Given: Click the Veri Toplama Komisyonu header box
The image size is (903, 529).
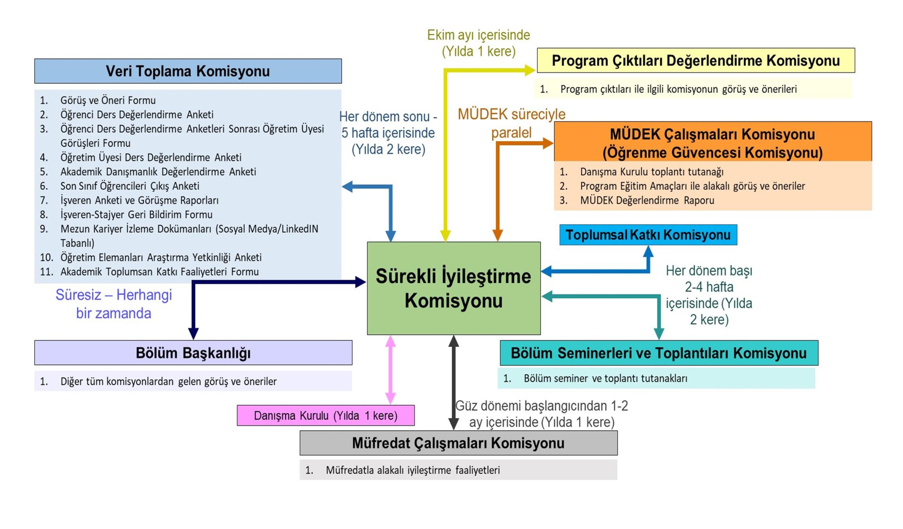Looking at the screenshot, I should click(188, 71).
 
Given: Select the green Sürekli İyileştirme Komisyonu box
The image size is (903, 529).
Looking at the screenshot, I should click(453, 288).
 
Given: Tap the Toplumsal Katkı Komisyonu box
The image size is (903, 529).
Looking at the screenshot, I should click(648, 235).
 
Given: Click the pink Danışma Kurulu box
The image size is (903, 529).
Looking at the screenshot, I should click(325, 416).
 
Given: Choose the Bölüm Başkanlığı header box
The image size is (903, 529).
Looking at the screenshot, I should click(193, 353).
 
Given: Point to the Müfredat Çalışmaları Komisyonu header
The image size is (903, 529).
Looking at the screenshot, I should click(458, 443).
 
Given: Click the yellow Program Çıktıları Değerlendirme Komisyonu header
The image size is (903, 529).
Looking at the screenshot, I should click(696, 61).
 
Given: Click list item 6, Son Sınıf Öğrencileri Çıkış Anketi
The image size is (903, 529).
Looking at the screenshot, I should click(129, 186).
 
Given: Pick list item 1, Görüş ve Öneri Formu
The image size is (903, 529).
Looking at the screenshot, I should click(108, 100).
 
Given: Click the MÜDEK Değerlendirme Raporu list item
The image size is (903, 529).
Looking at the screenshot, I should click(647, 200).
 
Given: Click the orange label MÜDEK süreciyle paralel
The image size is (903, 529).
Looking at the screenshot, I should click(511, 123).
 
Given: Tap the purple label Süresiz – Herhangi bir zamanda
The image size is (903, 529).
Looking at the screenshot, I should click(114, 304).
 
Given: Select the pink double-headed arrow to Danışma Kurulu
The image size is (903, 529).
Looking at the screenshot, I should click(390, 369).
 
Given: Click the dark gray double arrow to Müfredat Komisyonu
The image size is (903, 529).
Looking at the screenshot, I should click(454, 382).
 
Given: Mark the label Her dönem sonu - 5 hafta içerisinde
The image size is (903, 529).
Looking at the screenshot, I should click(388, 133).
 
